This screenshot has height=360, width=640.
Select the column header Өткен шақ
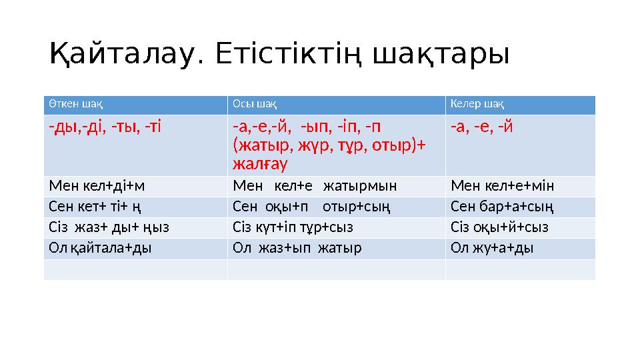point(75,105)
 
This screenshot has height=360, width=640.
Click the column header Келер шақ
point(477,105)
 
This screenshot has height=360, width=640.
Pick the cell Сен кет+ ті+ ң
point(92,207)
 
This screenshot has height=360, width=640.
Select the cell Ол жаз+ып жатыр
point(297,248)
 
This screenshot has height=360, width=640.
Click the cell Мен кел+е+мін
point(502,186)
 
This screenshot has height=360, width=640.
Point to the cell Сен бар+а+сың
point(501,207)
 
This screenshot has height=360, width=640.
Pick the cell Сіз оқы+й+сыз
point(499,227)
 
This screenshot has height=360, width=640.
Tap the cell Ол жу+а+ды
point(492,248)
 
